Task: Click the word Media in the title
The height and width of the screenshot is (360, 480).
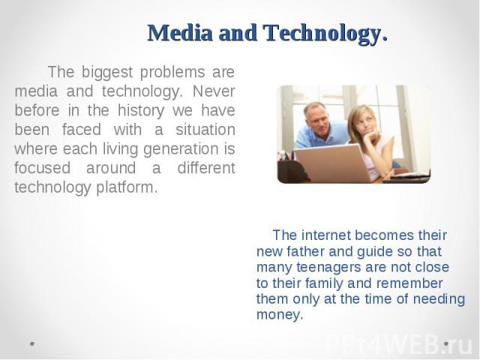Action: [180, 33]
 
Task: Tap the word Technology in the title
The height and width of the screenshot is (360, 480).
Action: [325, 34]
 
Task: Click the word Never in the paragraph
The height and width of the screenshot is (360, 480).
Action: [214, 91]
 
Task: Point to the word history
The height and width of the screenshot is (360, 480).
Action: [141, 111]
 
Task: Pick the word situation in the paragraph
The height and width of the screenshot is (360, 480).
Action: [205, 129]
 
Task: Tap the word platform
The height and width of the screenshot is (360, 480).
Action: [127, 187]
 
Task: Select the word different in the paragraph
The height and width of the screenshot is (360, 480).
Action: [206, 167]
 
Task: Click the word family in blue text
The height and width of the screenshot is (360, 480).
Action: [324, 283]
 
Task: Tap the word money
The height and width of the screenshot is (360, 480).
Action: [280, 315]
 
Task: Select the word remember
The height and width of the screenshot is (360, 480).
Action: [409, 283]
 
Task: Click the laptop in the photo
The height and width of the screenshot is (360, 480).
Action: [333, 163]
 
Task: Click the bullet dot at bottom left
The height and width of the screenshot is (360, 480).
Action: [32, 343]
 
